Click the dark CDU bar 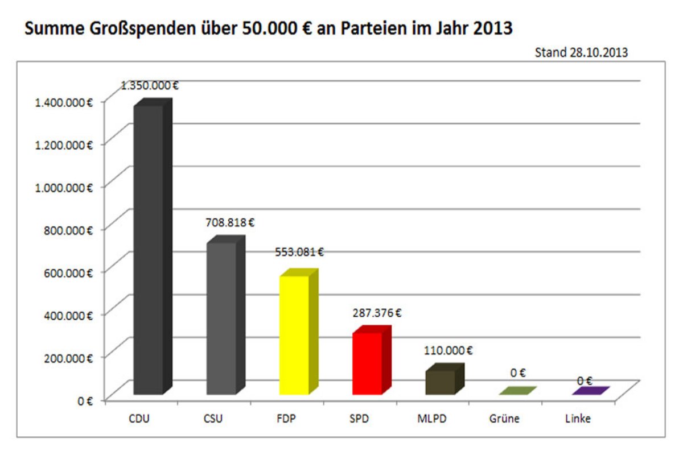point(148,250)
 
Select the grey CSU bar point(221,318)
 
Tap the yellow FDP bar point(294,336)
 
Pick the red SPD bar point(367,364)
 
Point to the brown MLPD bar point(440,382)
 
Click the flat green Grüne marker point(517,391)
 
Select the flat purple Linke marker point(591,391)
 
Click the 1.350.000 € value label point(150,86)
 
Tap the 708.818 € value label point(231,222)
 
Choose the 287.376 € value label point(377,312)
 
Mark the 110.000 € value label point(448,350)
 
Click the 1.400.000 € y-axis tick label point(64,102)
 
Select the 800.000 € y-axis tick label point(68,230)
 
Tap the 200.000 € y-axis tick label point(68,358)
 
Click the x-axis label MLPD point(432,420)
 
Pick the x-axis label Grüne point(504,420)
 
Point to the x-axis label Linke point(578,420)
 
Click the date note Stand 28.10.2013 point(581,53)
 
